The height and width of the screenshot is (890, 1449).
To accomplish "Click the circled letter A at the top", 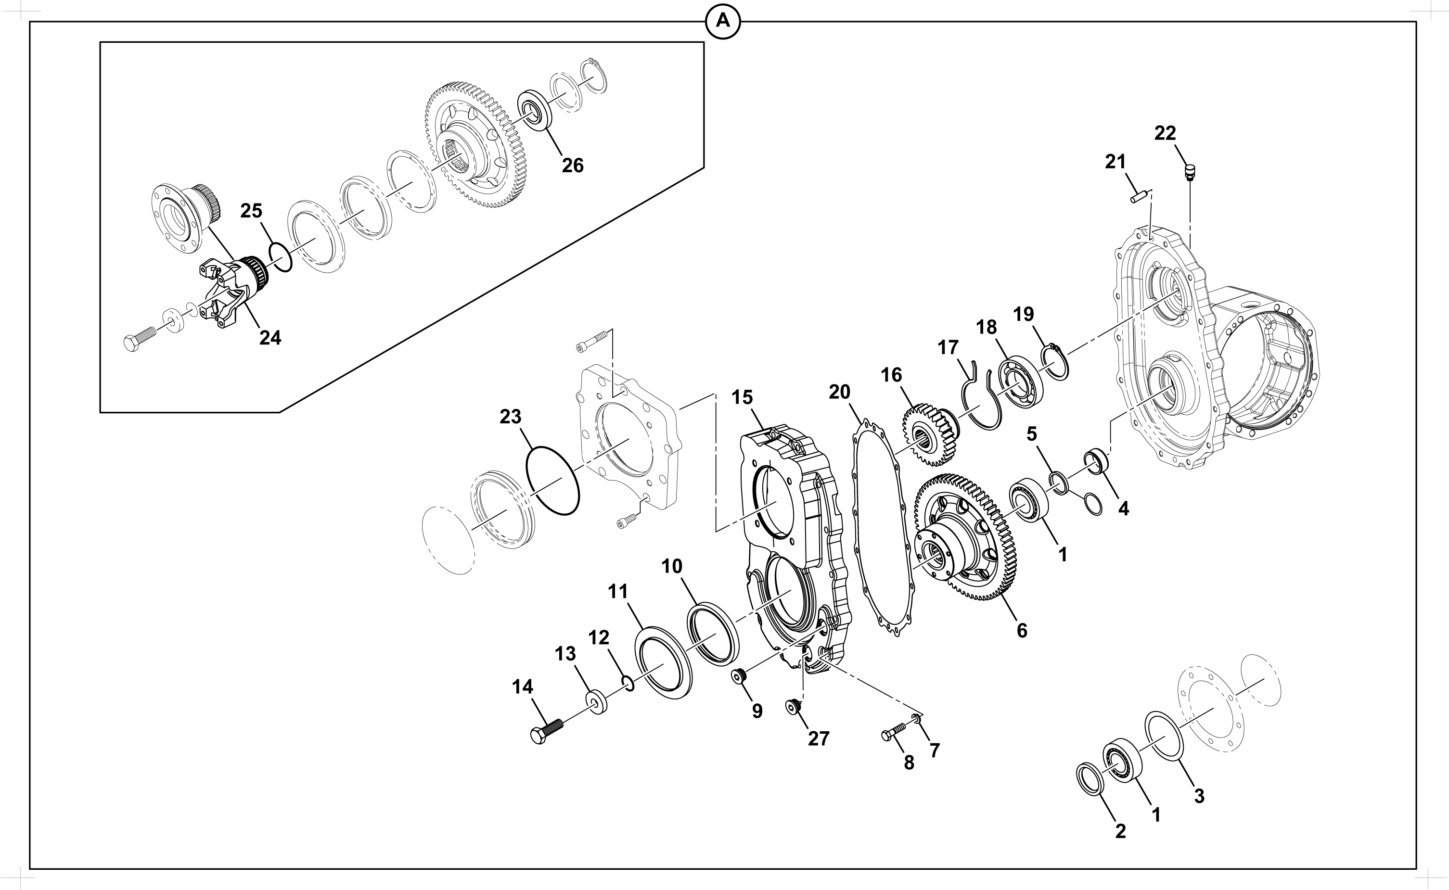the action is point(722,22).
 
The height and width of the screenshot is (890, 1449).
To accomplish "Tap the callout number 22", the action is point(1165,134).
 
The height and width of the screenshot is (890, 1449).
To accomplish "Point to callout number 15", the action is point(742,397).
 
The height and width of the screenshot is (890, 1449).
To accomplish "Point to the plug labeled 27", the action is point(794,706).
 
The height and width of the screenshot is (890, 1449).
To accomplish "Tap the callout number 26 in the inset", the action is point(572,165).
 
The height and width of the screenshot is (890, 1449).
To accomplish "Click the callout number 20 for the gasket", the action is point(840,392).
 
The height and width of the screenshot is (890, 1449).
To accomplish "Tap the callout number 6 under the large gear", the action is point(1022,630).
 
